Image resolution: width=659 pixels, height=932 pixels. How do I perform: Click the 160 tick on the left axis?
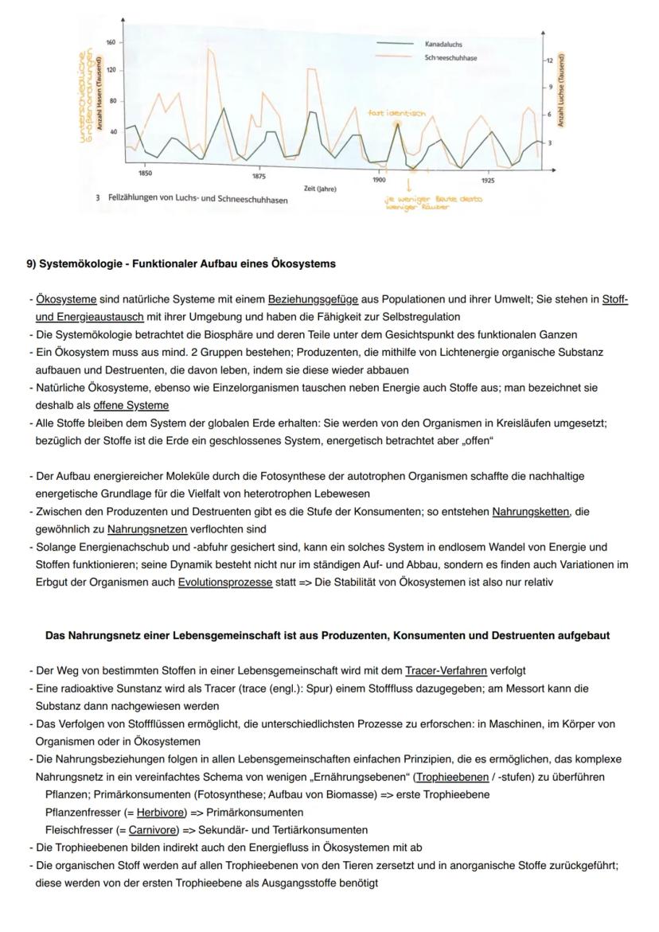point(111,41)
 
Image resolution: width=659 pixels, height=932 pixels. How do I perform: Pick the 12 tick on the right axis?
point(548,61)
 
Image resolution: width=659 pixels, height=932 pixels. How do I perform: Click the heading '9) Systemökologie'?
point(181,263)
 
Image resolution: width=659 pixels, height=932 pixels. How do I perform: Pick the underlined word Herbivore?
point(154,813)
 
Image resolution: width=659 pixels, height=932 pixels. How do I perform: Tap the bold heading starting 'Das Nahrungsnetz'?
point(327,635)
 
